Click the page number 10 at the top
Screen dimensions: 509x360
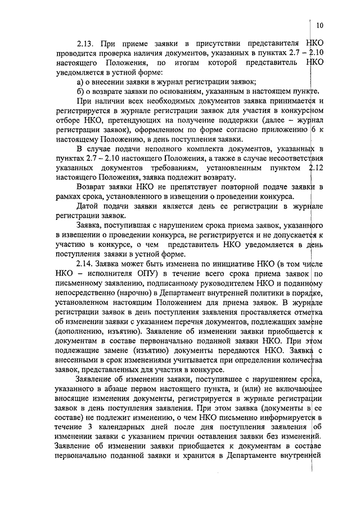click(x=319, y=25)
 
